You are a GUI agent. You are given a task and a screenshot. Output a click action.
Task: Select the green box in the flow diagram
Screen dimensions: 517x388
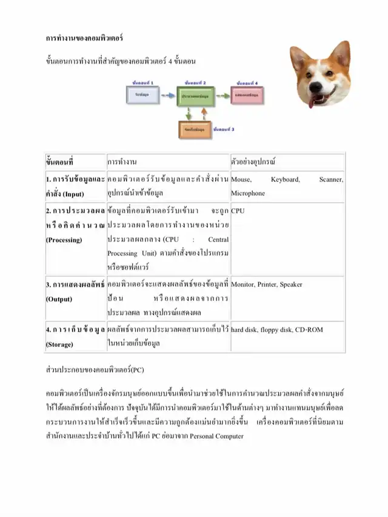(195, 96)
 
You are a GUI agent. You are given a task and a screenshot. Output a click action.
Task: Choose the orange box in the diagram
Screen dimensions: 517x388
(195, 129)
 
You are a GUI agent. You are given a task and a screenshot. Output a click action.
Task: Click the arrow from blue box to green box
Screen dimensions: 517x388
(166, 96)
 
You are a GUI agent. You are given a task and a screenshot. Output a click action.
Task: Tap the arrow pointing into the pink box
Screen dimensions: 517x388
(223, 96)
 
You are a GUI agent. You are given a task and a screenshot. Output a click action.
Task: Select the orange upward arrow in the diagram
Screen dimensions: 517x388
(204, 113)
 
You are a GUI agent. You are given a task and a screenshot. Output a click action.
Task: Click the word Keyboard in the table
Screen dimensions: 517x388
(285, 180)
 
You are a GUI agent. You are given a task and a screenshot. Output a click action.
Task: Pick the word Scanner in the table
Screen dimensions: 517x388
(331, 180)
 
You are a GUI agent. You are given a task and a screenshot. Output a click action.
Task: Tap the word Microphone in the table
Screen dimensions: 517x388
(248, 194)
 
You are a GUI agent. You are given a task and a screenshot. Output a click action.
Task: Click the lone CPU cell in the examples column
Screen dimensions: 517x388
(238, 211)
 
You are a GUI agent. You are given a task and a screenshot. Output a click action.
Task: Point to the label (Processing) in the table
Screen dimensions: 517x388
(64, 240)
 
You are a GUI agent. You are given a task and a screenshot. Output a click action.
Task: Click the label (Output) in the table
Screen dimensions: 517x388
(59, 299)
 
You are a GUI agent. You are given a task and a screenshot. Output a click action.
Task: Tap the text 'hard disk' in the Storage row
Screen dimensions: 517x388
(244, 330)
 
